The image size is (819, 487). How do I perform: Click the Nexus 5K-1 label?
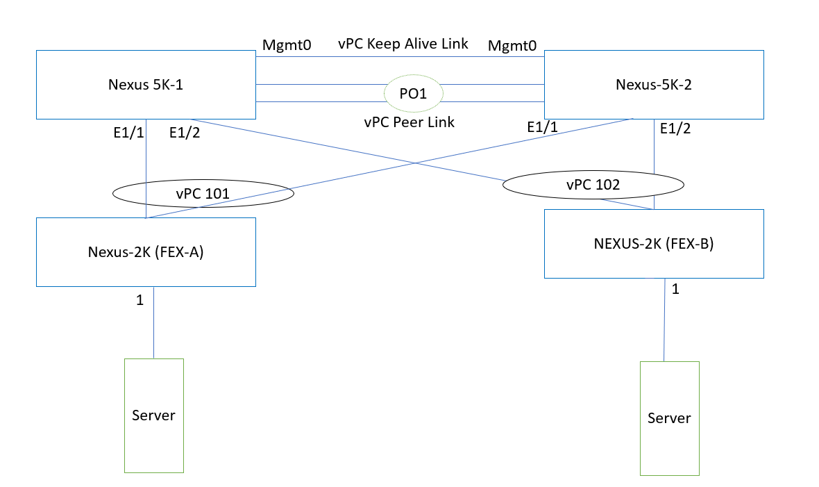click(x=146, y=85)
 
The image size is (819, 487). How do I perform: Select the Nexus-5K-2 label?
click(x=653, y=85)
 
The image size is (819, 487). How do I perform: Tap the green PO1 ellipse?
click(x=414, y=93)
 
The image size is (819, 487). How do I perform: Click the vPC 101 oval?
click(x=203, y=194)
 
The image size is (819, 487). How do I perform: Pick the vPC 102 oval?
click(x=593, y=185)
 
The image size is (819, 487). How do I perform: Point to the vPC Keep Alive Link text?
click(x=403, y=44)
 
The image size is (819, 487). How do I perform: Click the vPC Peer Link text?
click(x=409, y=122)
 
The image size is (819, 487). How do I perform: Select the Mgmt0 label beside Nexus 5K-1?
click(x=287, y=46)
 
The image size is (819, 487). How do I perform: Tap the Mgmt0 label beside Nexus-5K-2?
click(x=512, y=46)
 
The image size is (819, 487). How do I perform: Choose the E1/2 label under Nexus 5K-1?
click(x=185, y=133)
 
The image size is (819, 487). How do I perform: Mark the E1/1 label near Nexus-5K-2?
click(x=543, y=127)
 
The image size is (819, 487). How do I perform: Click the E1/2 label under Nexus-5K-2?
click(x=675, y=129)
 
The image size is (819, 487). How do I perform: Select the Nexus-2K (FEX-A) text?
click(x=146, y=252)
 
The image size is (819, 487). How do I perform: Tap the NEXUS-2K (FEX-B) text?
click(x=653, y=245)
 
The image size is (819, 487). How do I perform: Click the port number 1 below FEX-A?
click(x=140, y=301)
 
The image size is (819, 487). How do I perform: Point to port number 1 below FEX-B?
click(x=675, y=289)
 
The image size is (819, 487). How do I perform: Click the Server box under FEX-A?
click(x=153, y=415)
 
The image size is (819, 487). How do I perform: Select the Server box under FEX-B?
click(x=669, y=418)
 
